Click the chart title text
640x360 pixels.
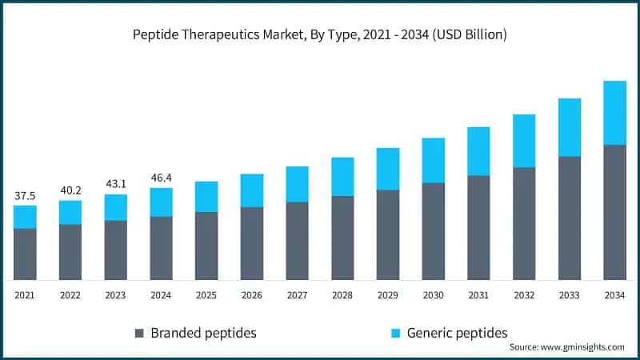(320, 34)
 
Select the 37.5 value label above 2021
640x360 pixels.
(25, 195)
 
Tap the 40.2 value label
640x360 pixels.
(70, 190)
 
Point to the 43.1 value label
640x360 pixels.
(115, 184)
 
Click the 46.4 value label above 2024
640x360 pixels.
(161, 178)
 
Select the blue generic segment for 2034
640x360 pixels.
(614, 113)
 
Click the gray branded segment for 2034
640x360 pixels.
(614, 212)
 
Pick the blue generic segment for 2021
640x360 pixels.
(25, 217)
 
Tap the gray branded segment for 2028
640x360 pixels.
(342, 238)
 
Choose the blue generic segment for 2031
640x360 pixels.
(478, 151)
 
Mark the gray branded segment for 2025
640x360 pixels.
(206, 246)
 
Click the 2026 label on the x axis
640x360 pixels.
(251, 295)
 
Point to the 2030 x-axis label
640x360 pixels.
(433, 295)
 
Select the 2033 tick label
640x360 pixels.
(569, 295)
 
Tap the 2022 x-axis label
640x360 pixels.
(70, 295)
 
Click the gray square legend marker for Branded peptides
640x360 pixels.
(140, 333)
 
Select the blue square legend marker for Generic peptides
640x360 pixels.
(396, 333)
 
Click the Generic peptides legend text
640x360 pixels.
(457, 333)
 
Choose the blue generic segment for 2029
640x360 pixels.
(388, 169)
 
